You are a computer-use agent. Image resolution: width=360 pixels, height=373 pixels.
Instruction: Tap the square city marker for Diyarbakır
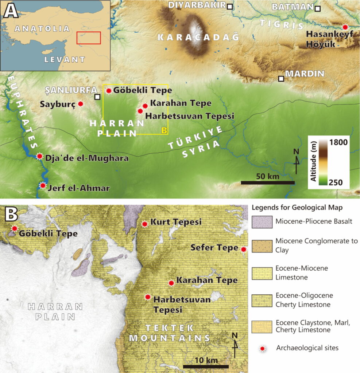(229, 7)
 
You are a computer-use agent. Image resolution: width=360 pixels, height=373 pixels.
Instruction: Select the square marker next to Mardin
(281, 78)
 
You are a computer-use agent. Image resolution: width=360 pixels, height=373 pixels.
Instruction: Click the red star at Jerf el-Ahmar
(43, 185)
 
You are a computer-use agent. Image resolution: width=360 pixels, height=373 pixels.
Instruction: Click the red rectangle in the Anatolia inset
(88, 38)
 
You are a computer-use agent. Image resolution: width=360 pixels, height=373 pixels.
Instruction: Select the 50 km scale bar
(267, 182)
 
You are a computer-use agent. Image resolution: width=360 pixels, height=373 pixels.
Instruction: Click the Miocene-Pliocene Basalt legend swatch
(262, 221)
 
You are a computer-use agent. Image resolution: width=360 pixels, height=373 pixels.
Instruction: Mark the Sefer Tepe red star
(244, 249)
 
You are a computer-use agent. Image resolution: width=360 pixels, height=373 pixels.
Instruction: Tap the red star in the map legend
(262, 348)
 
